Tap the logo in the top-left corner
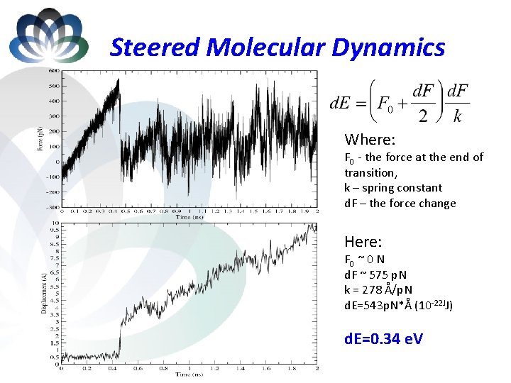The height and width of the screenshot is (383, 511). click(48, 35)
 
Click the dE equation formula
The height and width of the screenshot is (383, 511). click(400, 103)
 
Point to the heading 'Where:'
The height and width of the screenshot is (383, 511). click(369, 140)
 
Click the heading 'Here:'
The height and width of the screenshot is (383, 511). click(363, 241)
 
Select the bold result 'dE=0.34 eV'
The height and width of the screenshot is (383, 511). click(383, 338)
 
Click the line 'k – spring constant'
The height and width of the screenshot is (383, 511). click(393, 188)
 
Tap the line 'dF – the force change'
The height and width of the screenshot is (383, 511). click(400, 204)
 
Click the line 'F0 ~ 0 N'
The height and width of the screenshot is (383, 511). click(365, 260)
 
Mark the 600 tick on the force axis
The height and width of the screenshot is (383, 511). click(53, 71)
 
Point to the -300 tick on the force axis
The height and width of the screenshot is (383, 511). click(52, 207)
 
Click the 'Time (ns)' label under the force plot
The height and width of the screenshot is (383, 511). click(189, 217)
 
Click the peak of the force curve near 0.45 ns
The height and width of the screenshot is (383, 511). click(119, 79)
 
